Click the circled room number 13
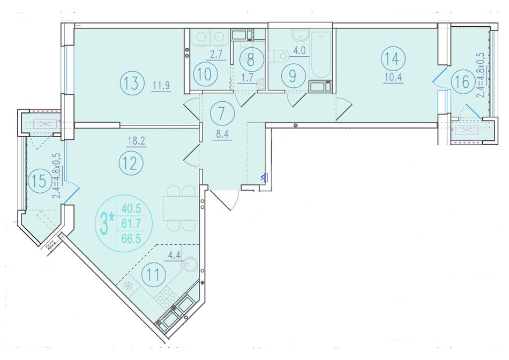(x=132, y=83)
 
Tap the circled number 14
(x=392, y=59)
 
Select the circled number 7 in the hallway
(x=222, y=114)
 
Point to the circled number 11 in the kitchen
(x=154, y=275)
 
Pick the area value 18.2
(x=136, y=141)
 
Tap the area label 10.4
(x=393, y=78)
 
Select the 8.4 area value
(x=222, y=134)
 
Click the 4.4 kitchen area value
(x=174, y=255)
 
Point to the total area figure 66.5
(x=131, y=238)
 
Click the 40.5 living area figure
(x=131, y=208)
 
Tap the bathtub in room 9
(x=321, y=55)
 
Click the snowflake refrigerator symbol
(x=129, y=286)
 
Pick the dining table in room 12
(x=181, y=208)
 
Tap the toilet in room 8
(x=261, y=84)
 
